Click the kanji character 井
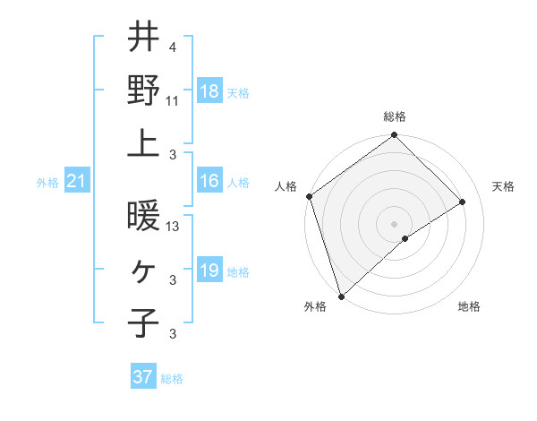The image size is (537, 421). [x=144, y=39]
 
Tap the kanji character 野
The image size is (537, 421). [x=144, y=90]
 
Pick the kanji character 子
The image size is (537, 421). [x=144, y=322]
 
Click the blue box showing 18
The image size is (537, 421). [x=209, y=90]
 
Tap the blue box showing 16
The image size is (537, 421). [x=209, y=182]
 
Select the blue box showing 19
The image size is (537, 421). [x=209, y=271]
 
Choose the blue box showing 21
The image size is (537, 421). [x=77, y=182]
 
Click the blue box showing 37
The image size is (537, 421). [x=143, y=377]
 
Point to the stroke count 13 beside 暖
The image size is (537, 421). [x=174, y=228]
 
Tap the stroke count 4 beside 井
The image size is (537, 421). [x=172, y=47]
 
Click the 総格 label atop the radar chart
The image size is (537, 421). [x=394, y=116]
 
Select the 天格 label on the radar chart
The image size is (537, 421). [x=503, y=186]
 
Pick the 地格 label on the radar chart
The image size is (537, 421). [x=469, y=307]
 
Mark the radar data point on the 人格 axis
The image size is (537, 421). [x=309, y=196]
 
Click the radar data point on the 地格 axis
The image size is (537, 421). [x=405, y=238]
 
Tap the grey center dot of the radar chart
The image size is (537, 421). [x=394, y=223]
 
